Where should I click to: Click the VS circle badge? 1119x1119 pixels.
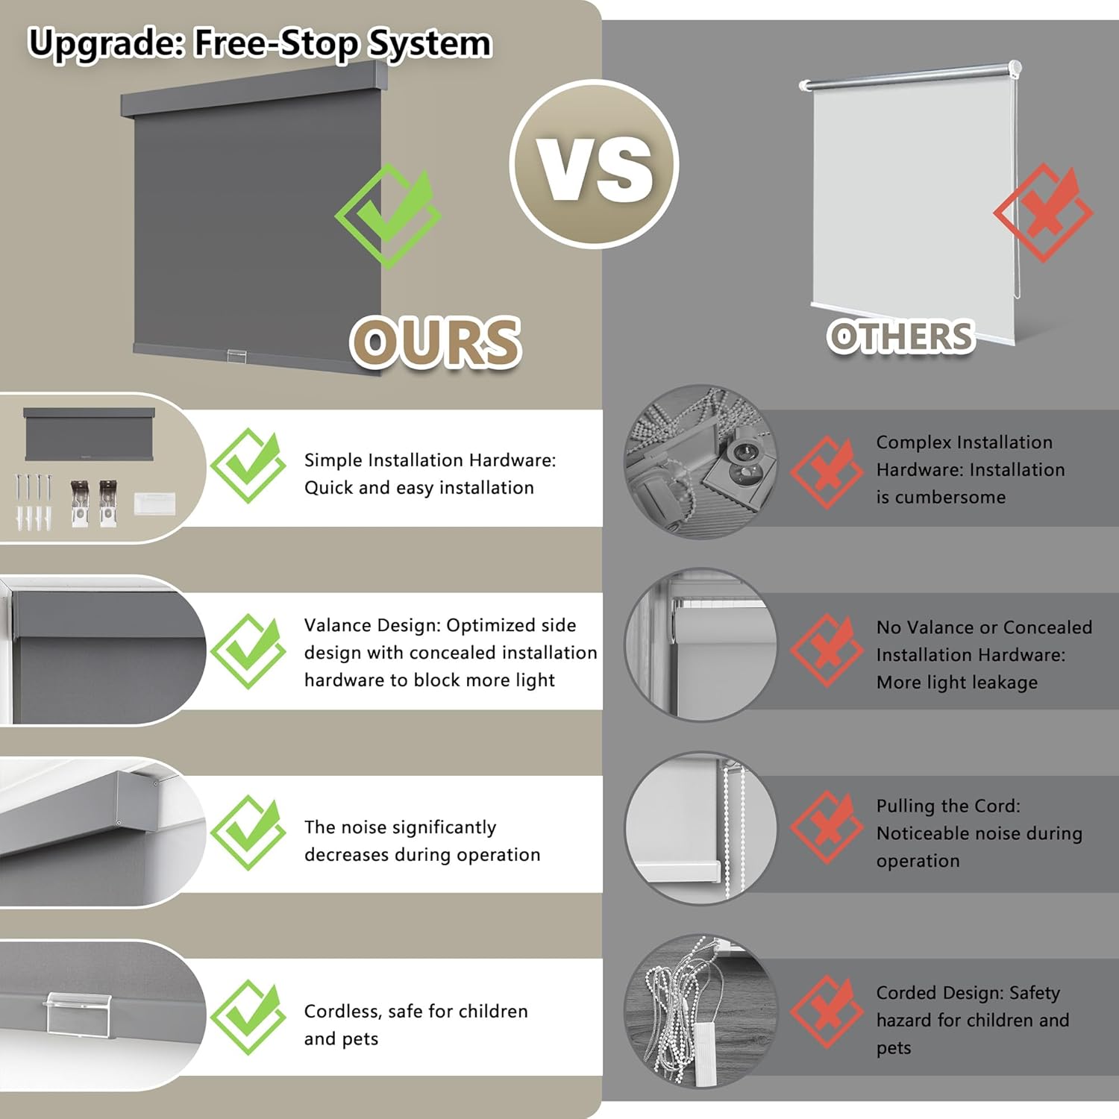(x=594, y=164)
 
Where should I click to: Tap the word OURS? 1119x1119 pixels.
(x=436, y=342)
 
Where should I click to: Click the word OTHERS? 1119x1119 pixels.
(x=901, y=336)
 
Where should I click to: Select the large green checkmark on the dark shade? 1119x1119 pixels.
(x=388, y=216)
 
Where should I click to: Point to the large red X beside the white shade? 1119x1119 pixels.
(x=1043, y=213)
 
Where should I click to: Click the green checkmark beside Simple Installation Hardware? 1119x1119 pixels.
(x=248, y=466)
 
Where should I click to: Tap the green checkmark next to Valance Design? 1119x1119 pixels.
(x=248, y=651)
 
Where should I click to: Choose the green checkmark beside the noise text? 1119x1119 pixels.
(x=248, y=833)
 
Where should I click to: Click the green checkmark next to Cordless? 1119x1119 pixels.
(x=248, y=1018)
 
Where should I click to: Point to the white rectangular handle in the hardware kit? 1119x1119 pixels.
(x=155, y=503)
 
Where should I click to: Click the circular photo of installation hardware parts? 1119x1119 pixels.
(x=700, y=461)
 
